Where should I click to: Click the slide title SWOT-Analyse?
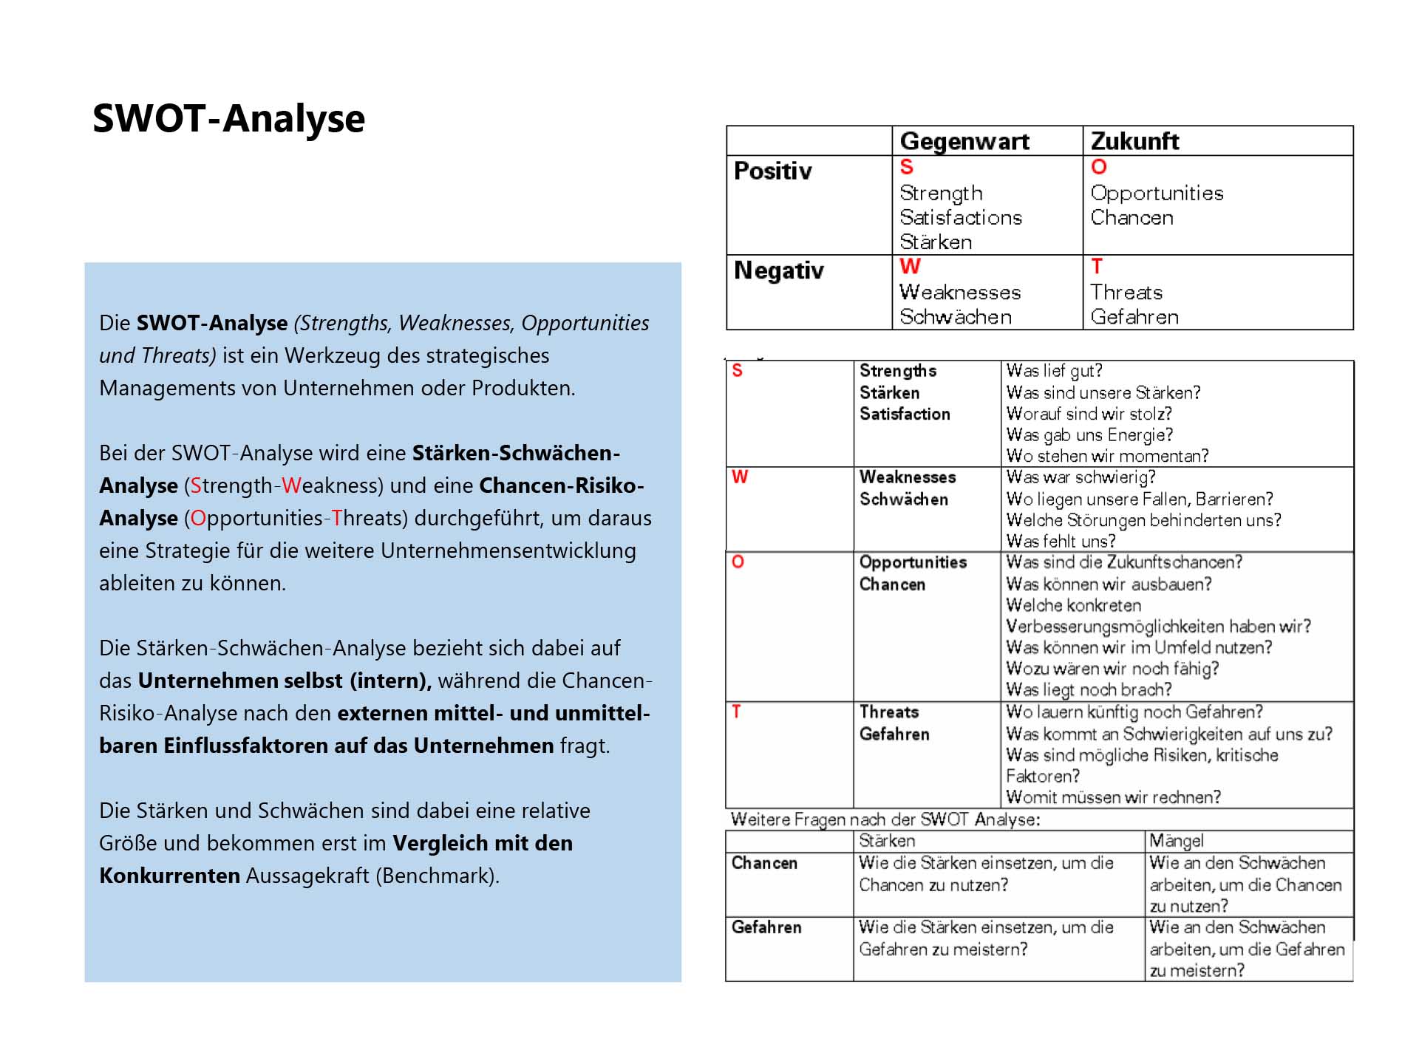(x=228, y=118)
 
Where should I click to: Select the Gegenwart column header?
(x=964, y=140)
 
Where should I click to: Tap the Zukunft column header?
(x=1134, y=140)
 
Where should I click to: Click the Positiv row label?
(x=772, y=171)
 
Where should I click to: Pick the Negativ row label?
(x=778, y=270)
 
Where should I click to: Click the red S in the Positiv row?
(x=906, y=167)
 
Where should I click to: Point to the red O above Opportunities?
(x=1099, y=167)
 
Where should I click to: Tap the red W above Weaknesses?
(x=910, y=266)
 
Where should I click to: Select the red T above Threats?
(x=1097, y=266)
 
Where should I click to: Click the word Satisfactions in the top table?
(x=961, y=217)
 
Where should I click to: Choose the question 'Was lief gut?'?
(x=1054, y=370)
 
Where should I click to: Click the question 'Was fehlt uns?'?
(x=1061, y=541)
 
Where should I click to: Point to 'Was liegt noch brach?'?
(x=1089, y=689)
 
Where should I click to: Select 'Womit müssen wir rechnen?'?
(x=1113, y=797)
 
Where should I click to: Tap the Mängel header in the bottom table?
(x=1177, y=841)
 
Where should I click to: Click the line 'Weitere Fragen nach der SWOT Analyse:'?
(x=885, y=819)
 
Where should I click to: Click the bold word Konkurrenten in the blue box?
(x=169, y=876)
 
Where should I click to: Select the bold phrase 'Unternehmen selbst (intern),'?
(x=285, y=681)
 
